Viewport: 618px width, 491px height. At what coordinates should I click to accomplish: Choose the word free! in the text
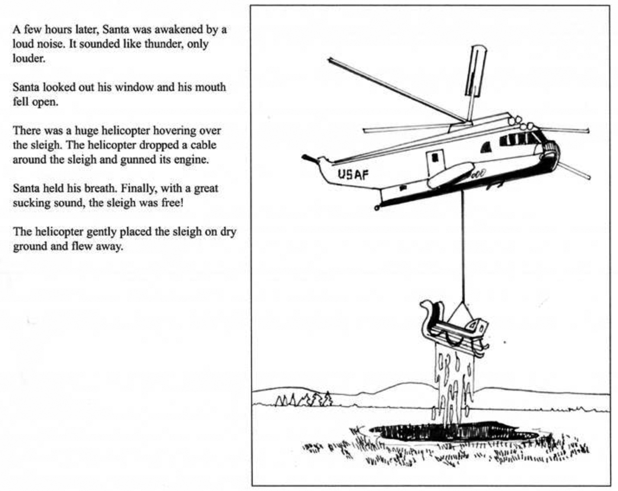click(172, 203)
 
